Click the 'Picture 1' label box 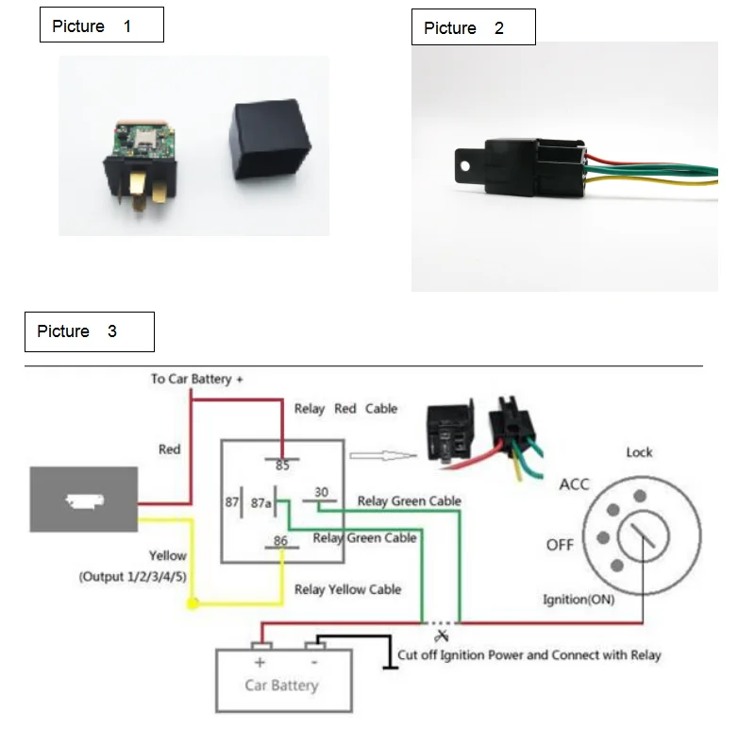[102, 25]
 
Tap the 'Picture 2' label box [474, 27]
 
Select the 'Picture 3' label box [90, 331]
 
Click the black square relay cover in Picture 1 [270, 140]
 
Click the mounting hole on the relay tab [464, 166]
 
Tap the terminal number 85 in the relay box [282, 466]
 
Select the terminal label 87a [261, 503]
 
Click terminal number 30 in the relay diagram [321, 492]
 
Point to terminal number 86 [280, 540]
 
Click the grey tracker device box [84, 500]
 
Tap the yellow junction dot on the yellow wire [193, 603]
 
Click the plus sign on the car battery [260, 663]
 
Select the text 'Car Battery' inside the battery [281, 686]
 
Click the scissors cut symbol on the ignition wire [441, 636]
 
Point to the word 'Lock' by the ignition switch [639, 452]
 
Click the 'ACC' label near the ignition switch [574, 484]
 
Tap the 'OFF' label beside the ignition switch [560, 545]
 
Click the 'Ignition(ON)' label [579, 600]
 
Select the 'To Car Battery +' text [196, 380]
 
